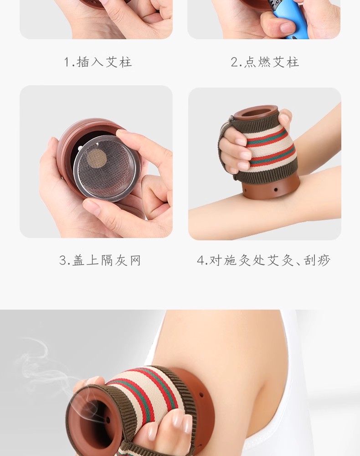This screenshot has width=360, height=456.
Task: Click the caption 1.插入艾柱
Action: click(x=98, y=62)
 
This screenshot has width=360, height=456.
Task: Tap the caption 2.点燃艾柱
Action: click(x=265, y=62)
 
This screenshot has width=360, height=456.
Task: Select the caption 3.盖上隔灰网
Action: click(x=100, y=260)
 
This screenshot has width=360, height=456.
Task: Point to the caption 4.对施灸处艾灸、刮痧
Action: click(x=263, y=260)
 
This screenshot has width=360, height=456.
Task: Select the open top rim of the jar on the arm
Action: click(x=256, y=113)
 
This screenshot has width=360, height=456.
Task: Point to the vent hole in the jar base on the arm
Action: click(x=276, y=190)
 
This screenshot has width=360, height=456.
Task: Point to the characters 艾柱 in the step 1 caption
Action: click(x=118, y=62)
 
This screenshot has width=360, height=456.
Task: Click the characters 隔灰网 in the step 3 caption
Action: click(x=121, y=260)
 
